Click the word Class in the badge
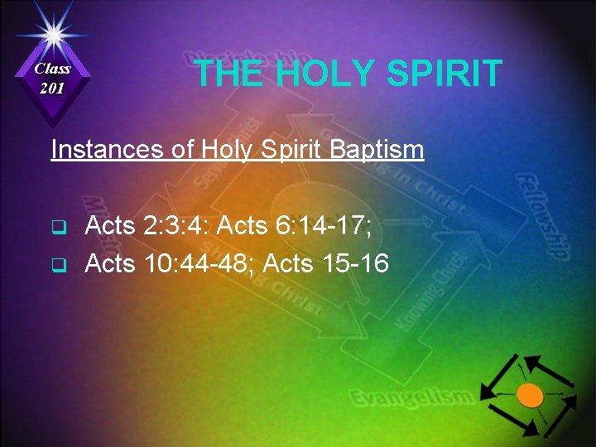(53, 69)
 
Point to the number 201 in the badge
(53, 88)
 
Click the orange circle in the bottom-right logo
(531, 395)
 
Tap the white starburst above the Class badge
(53, 33)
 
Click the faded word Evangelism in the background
(411, 399)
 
